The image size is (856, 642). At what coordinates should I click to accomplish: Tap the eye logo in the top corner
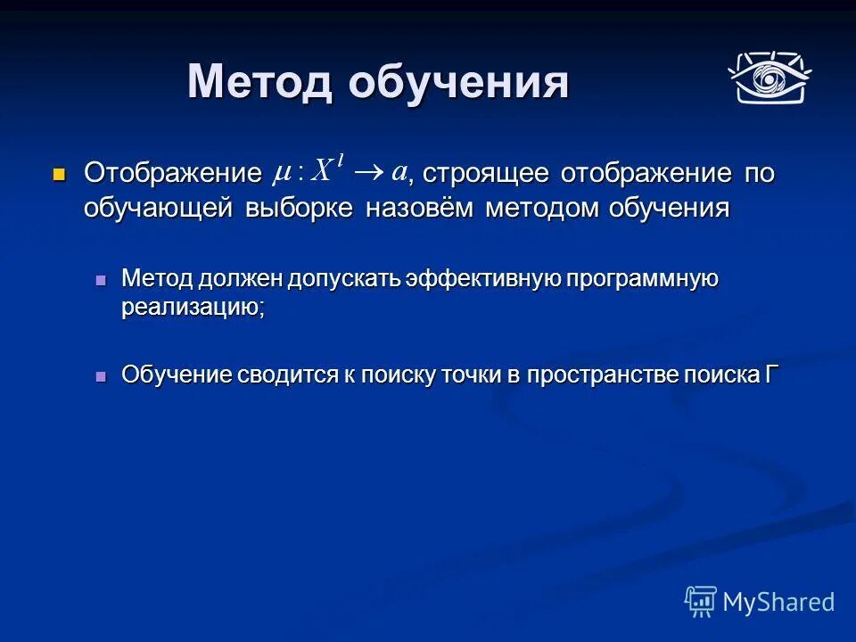click(x=768, y=78)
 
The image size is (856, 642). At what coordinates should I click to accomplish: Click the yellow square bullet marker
click(x=60, y=173)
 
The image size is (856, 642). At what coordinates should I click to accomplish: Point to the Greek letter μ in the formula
click(x=284, y=173)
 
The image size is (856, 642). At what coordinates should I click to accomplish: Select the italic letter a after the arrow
click(x=399, y=171)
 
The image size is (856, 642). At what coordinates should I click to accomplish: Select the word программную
click(x=643, y=279)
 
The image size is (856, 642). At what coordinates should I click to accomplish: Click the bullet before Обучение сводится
click(x=101, y=375)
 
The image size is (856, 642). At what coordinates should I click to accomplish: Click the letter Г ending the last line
click(x=771, y=374)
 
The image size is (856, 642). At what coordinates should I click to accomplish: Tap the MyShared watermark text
click(x=778, y=602)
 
